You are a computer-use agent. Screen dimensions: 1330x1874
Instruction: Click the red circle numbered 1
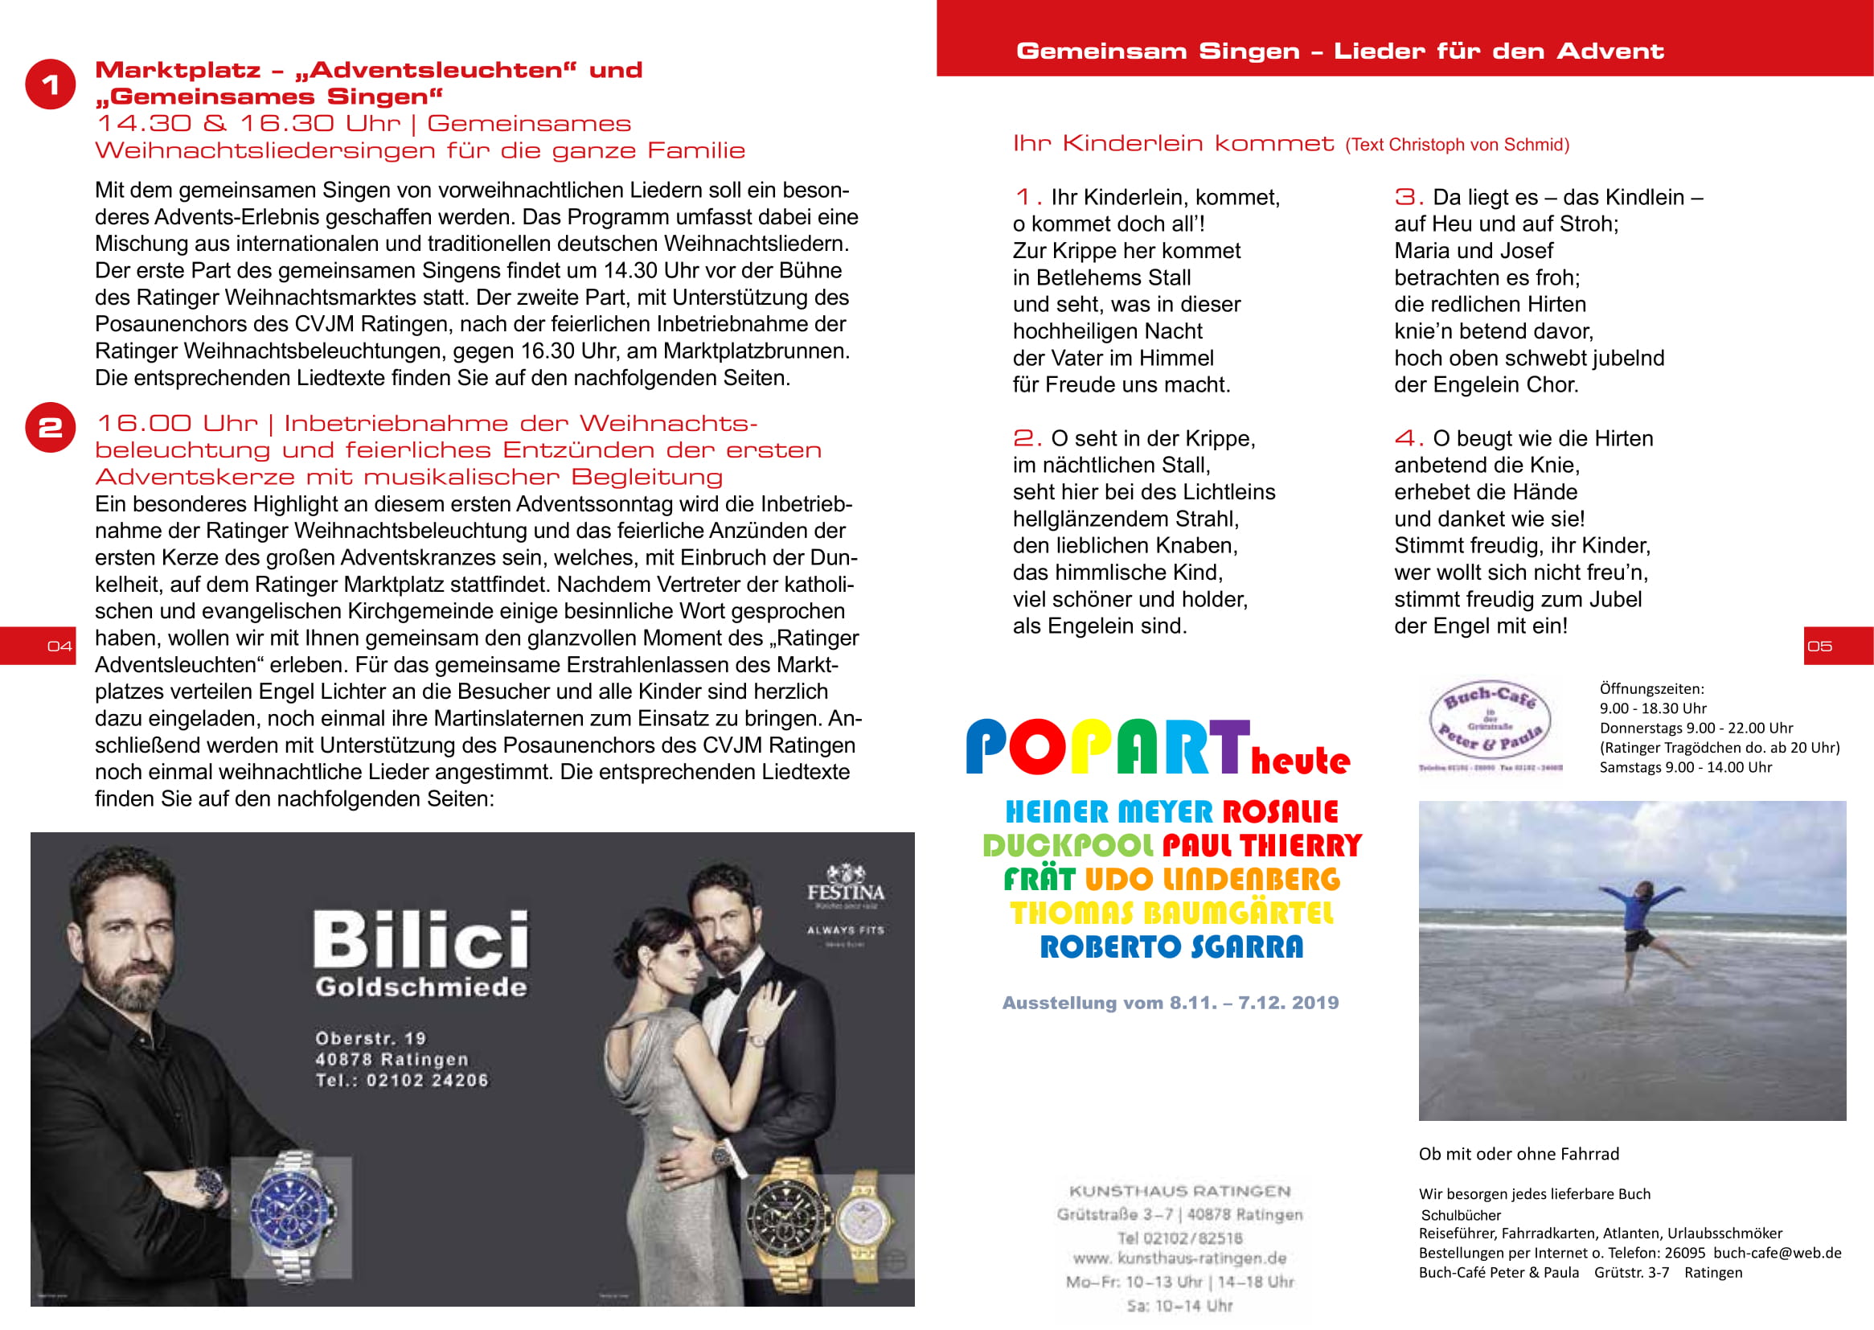(x=50, y=84)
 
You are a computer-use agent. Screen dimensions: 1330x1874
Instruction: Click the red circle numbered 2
(x=50, y=427)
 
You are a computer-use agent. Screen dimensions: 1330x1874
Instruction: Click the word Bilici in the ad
(x=420, y=939)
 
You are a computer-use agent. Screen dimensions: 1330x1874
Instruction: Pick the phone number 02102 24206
(x=427, y=1080)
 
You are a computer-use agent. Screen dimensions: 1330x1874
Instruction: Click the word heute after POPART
(x=1300, y=761)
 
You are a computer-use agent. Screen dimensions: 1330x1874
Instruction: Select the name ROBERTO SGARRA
(x=1171, y=947)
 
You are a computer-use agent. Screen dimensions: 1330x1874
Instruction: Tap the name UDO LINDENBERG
(x=1212, y=880)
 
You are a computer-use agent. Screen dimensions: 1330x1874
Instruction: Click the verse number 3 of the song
(x=1409, y=196)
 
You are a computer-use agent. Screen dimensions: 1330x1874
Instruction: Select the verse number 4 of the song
(x=1409, y=438)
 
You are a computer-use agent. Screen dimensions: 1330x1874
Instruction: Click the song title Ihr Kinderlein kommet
(x=1172, y=144)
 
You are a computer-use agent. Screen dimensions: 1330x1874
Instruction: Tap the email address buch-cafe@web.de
(x=1777, y=1253)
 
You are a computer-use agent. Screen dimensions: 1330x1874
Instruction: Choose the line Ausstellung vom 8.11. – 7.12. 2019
(x=1170, y=1003)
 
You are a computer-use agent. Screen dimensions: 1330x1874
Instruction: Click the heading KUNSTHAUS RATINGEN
(x=1179, y=1191)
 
